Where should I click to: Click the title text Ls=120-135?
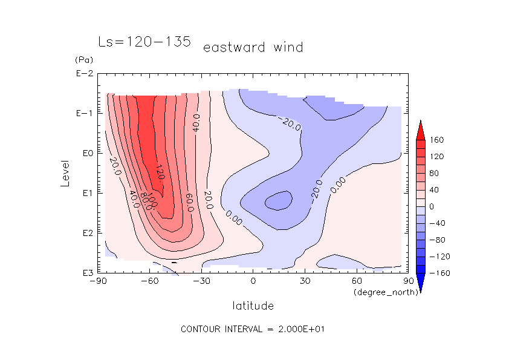coord(144,42)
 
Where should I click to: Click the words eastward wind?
coord(253,47)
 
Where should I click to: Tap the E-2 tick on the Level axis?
coord(83,74)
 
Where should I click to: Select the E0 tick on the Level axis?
coord(85,153)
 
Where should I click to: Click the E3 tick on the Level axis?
coord(85,273)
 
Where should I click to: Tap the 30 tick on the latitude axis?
coord(305,281)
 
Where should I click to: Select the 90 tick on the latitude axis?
coord(408,281)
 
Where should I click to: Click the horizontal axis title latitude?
coord(253,306)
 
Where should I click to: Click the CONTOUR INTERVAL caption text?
coord(254,329)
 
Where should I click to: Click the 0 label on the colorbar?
coord(432,206)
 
